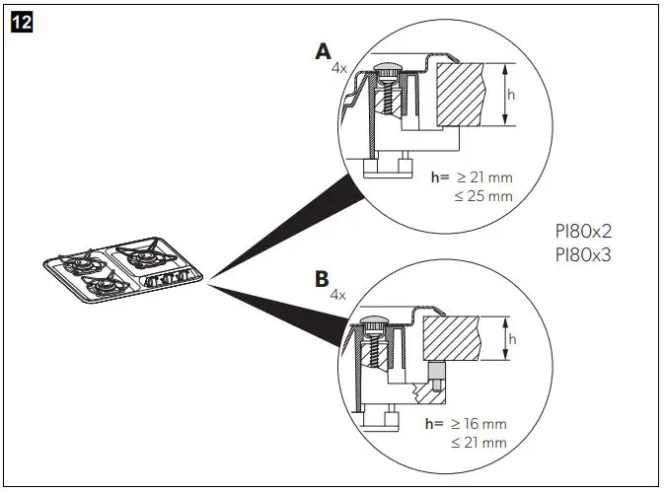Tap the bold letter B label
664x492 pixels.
click(321, 279)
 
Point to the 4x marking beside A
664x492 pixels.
click(338, 69)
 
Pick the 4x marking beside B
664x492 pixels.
click(337, 295)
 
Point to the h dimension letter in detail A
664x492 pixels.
click(511, 95)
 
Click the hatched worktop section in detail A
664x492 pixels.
click(462, 95)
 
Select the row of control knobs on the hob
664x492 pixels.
click(170, 279)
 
